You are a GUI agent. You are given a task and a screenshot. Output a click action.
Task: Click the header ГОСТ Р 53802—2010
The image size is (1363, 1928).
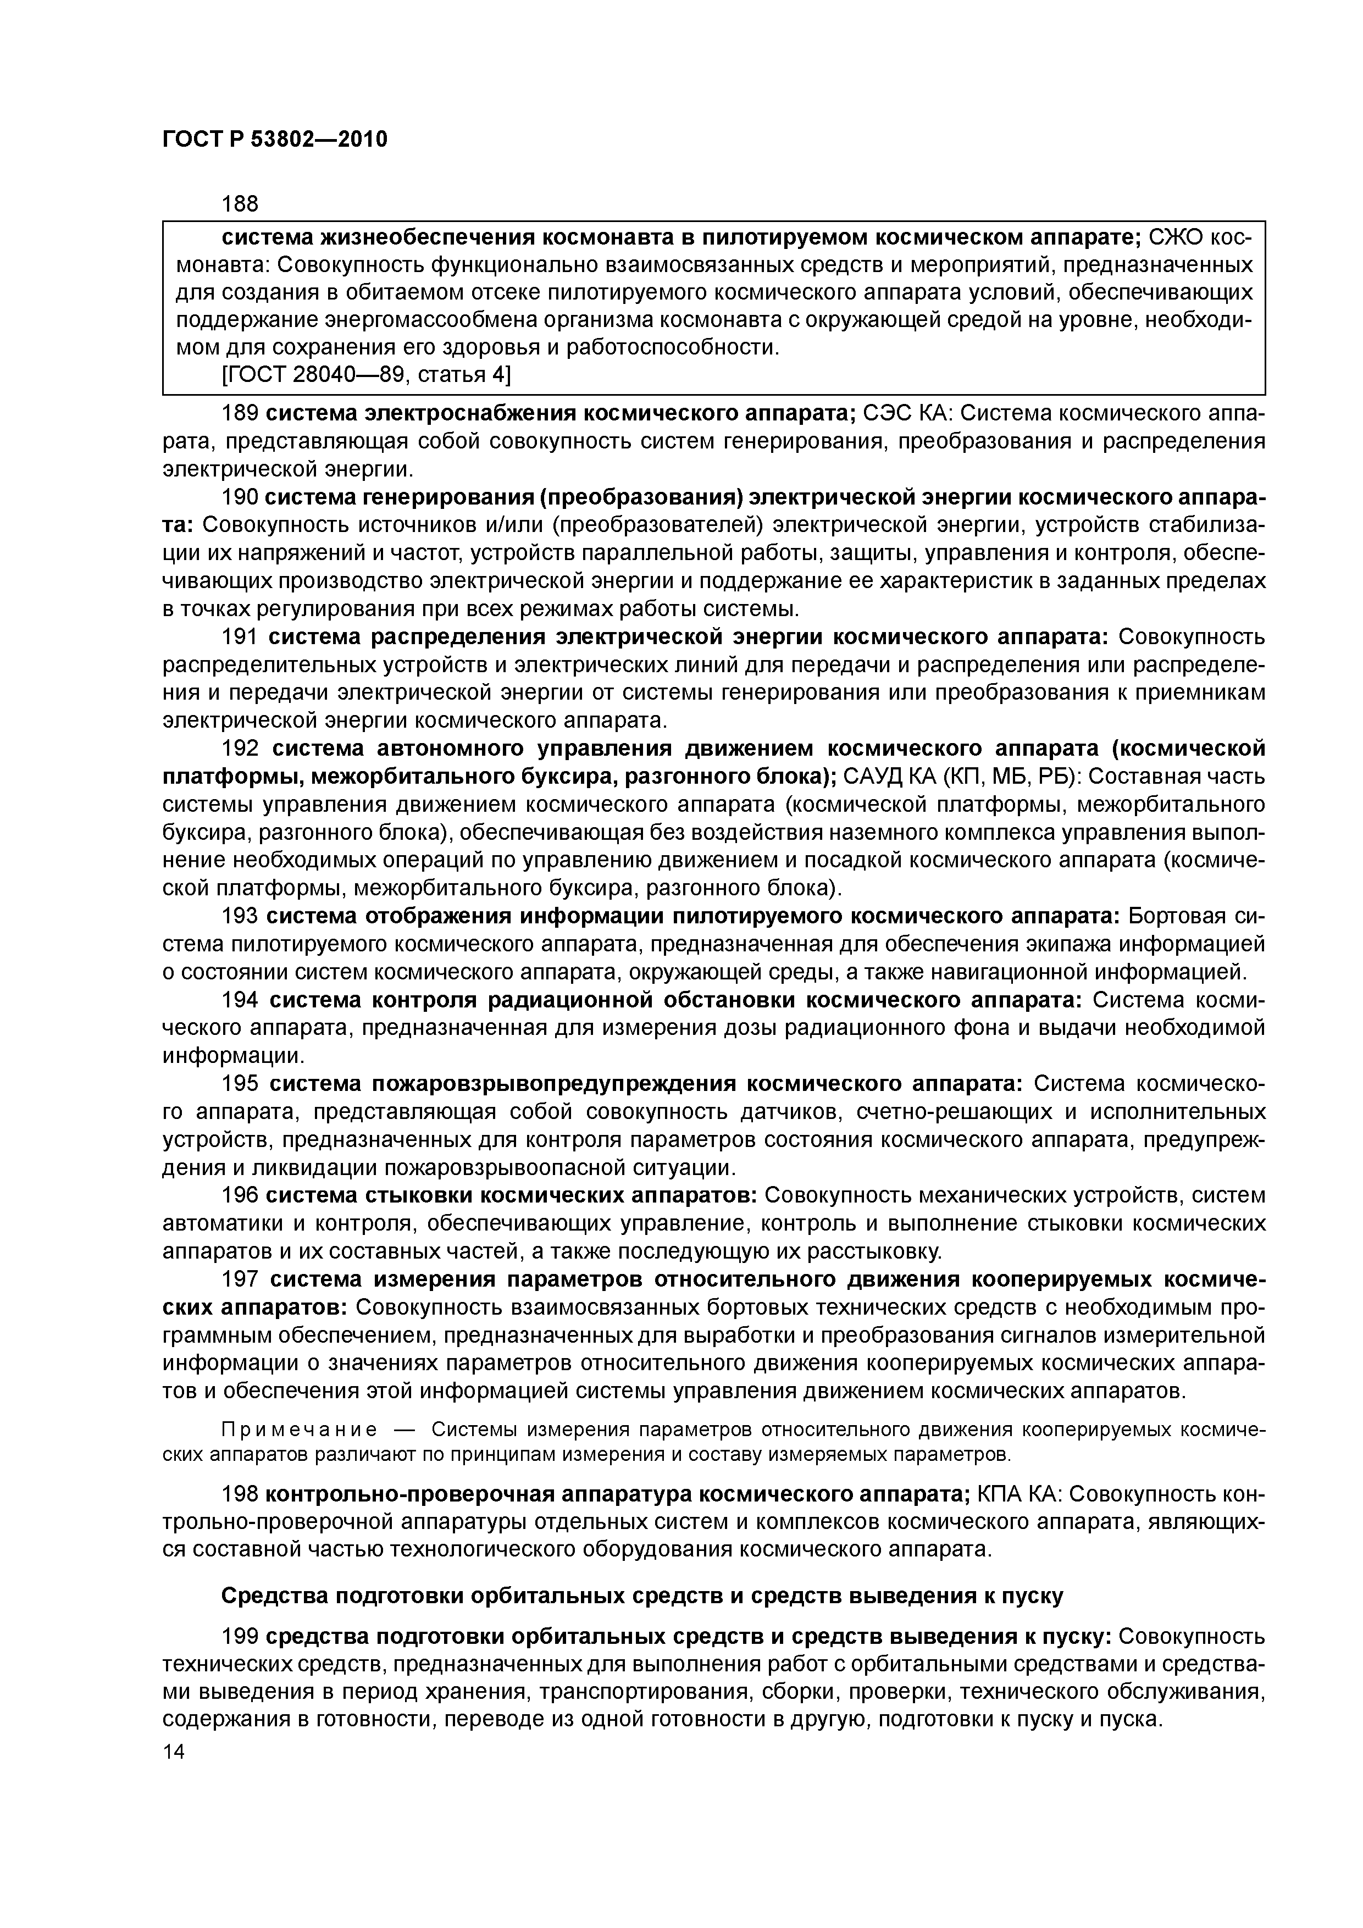[x=275, y=140]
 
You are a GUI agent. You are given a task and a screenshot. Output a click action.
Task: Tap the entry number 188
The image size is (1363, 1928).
[x=239, y=204]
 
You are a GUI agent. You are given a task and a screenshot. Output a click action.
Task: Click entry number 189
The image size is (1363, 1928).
[x=239, y=413]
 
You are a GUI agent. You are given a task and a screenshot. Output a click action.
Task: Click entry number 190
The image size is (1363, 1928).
[x=239, y=497]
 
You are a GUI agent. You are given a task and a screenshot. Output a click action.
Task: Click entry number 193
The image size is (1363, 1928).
[x=239, y=916]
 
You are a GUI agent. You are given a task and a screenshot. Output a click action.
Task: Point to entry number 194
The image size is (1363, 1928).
[x=239, y=1000]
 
